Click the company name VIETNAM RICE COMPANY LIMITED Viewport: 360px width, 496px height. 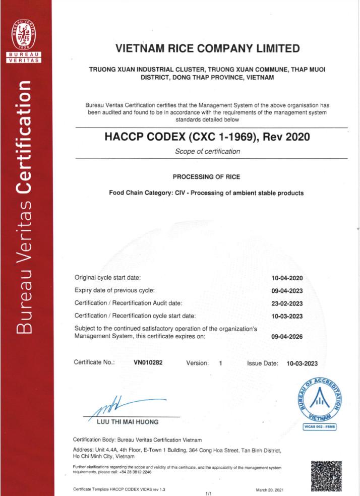point(207,49)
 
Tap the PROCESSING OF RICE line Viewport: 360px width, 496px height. point(206,177)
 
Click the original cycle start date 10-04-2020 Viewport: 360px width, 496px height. point(286,278)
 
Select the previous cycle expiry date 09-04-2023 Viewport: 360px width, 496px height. point(286,291)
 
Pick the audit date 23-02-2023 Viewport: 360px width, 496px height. point(286,303)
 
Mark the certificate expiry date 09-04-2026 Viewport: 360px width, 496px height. point(286,337)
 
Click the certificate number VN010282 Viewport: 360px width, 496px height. point(148,362)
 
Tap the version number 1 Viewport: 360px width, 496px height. point(220,362)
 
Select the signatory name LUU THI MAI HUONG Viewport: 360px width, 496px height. point(127,421)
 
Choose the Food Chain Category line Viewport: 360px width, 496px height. point(206,193)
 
